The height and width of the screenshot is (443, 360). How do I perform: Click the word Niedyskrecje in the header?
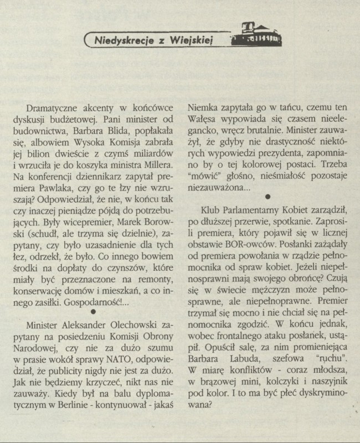click(120, 40)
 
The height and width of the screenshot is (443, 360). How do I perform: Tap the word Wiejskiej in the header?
click(187, 40)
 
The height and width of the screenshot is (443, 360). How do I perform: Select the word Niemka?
click(204, 107)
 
